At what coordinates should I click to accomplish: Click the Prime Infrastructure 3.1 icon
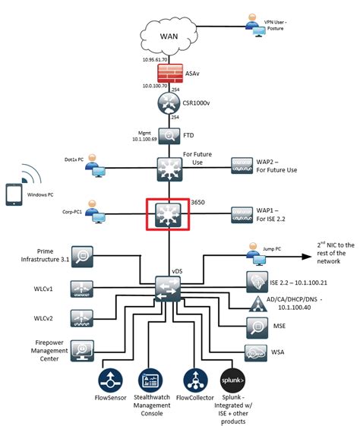point(82,255)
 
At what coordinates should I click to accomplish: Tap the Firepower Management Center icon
point(82,349)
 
